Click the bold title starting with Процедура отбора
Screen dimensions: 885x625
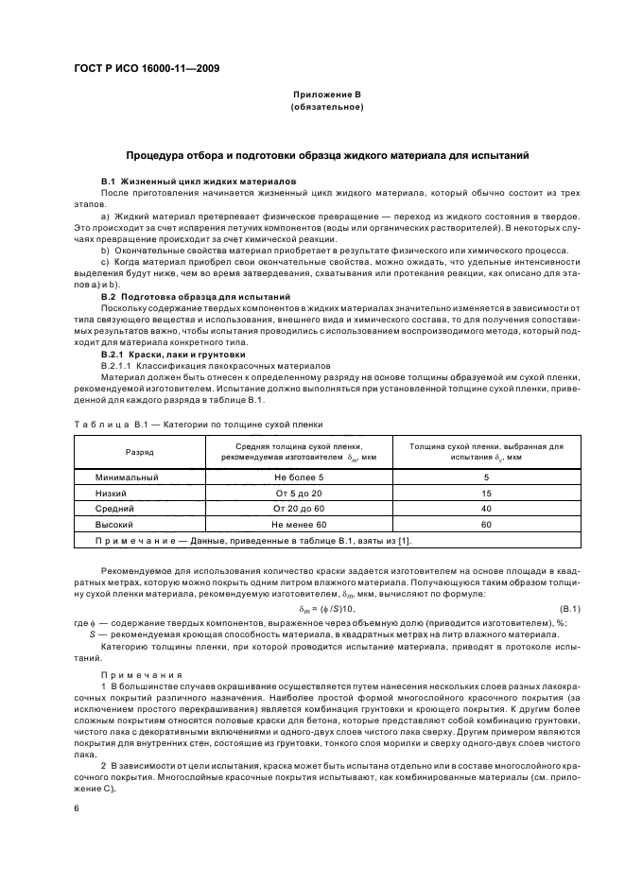327,154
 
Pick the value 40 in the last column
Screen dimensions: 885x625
486,508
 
